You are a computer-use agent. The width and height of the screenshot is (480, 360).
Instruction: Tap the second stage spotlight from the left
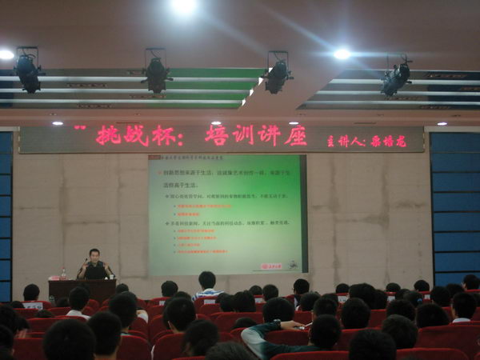point(156,73)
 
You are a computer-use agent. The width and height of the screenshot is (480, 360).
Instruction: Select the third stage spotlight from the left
point(278,74)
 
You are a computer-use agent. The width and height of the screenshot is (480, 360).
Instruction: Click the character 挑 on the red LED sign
point(111,135)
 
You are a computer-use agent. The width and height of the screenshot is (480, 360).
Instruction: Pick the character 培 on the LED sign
point(218,135)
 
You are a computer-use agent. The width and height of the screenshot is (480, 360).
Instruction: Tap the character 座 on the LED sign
point(295,135)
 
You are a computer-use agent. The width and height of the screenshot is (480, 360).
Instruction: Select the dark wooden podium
point(82,288)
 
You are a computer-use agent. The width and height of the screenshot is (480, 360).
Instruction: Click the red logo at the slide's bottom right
point(272,266)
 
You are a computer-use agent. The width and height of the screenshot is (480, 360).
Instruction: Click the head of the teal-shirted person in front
point(325,330)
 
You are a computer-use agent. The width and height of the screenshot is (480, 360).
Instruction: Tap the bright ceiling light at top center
point(185,6)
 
